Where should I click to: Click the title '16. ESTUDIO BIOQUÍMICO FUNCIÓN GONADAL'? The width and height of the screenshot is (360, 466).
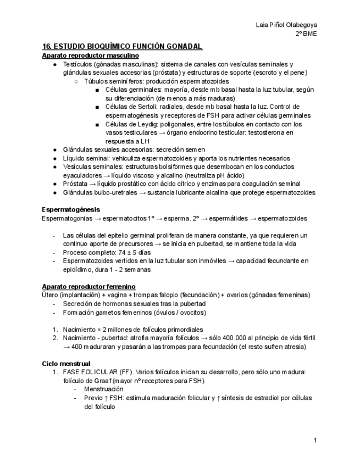pos(122,47)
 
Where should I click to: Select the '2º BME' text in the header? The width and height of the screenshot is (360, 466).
pos(306,34)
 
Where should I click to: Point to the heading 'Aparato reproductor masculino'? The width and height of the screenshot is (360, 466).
pos(90,56)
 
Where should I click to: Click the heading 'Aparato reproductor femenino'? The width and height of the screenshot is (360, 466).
pos(88,286)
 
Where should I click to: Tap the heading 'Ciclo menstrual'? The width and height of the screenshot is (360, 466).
pos(66,363)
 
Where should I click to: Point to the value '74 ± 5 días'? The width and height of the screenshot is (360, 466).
pos(124,252)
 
